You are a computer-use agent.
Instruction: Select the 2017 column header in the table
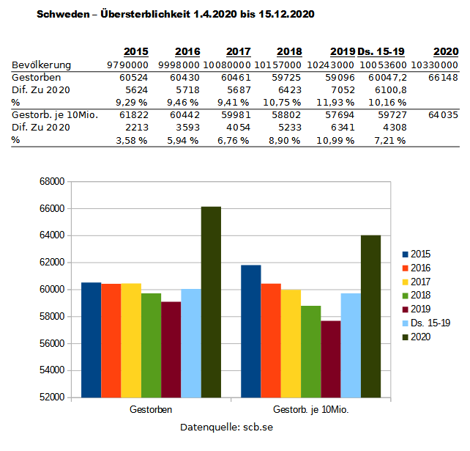239,52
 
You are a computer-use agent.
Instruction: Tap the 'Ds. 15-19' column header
381,52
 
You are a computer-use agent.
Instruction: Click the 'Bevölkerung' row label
42,65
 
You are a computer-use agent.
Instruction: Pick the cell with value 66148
444,77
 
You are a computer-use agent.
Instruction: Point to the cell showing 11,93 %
339,102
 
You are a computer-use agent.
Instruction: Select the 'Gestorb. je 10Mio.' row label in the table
56,115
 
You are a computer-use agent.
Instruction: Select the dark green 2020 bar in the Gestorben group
211,301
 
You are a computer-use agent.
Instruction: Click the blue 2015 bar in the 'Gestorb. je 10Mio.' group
251,331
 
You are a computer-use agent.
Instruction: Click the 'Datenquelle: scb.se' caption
226,427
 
